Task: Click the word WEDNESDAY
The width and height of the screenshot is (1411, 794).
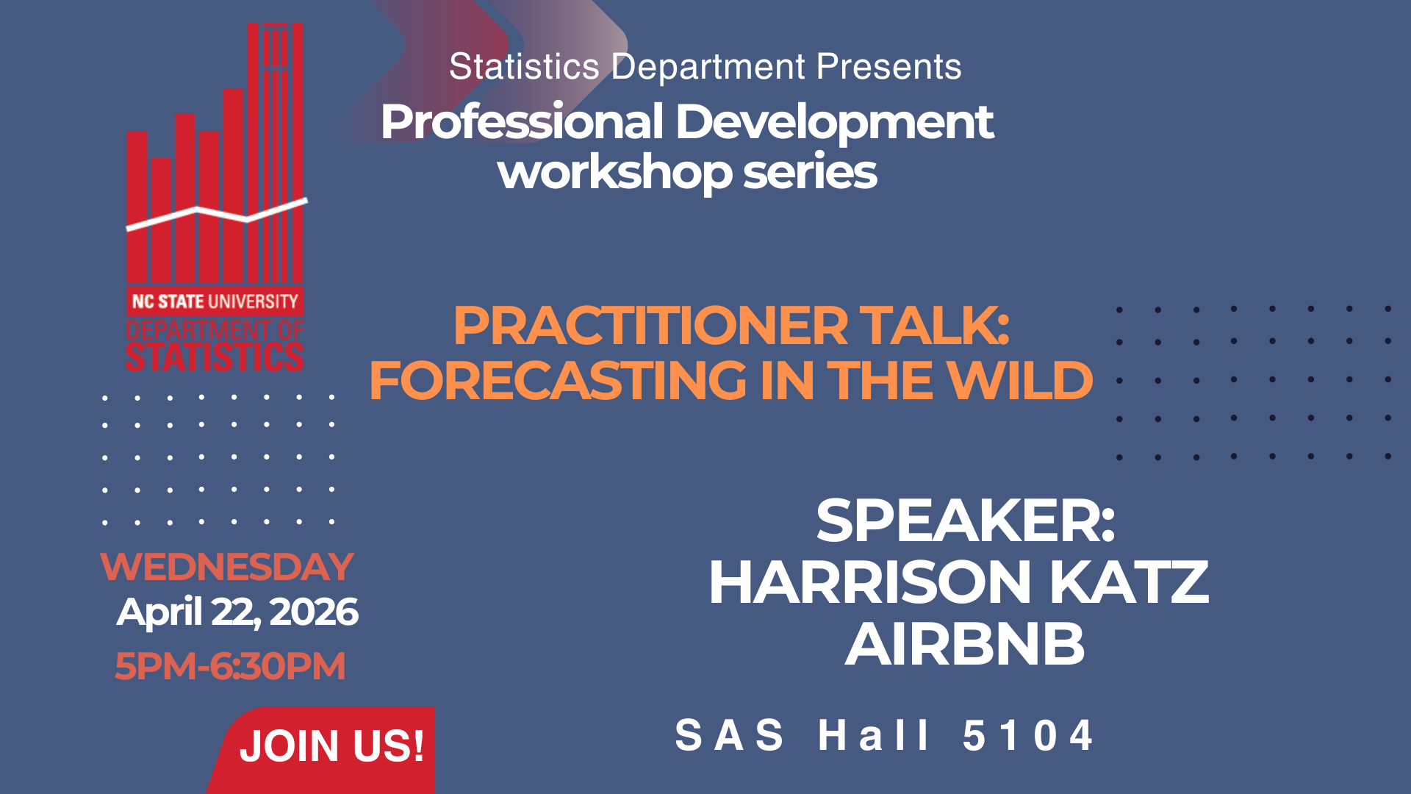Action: pos(227,567)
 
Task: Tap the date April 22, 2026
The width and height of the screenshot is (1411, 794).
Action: pos(237,612)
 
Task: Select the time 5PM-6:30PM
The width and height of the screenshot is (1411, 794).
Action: pos(230,666)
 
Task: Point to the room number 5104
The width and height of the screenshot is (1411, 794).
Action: pos(1028,735)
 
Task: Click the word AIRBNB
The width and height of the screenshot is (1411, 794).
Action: pos(965,644)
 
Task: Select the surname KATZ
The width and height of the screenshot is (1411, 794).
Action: pos(1130,582)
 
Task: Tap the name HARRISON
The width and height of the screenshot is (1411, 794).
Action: pos(871,582)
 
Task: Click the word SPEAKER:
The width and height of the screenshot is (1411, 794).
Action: pos(966,521)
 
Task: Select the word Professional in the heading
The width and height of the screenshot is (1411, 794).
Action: pos(523,122)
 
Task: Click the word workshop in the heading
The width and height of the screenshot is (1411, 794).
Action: pos(614,173)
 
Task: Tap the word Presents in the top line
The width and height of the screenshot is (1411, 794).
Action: pos(888,67)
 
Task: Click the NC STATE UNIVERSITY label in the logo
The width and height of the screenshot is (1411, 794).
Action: pos(215,301)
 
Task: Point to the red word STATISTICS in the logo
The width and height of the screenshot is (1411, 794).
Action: pos(215,357)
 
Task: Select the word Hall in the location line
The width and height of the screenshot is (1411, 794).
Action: pos(874,735)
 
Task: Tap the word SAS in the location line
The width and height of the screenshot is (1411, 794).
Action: pos(729,735)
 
